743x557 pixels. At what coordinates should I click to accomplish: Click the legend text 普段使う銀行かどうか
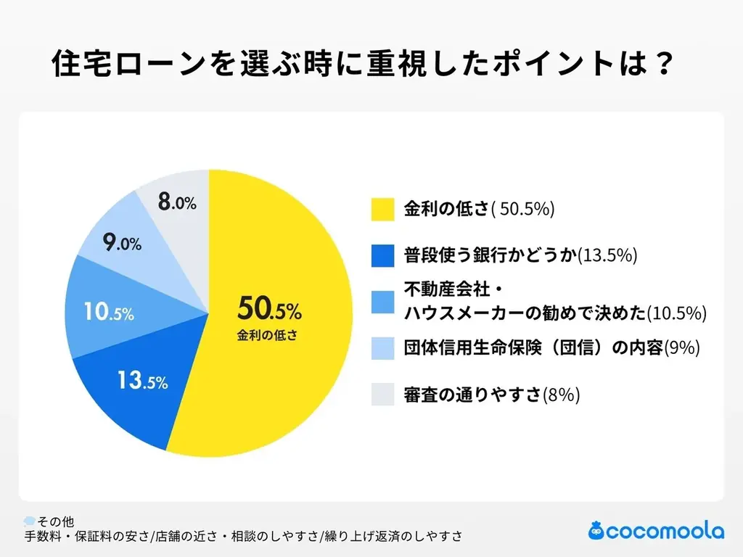pos(490,255)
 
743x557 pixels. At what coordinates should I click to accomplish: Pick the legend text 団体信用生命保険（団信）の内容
pos(532,348)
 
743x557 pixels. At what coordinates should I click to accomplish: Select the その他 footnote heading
pos(55,521)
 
